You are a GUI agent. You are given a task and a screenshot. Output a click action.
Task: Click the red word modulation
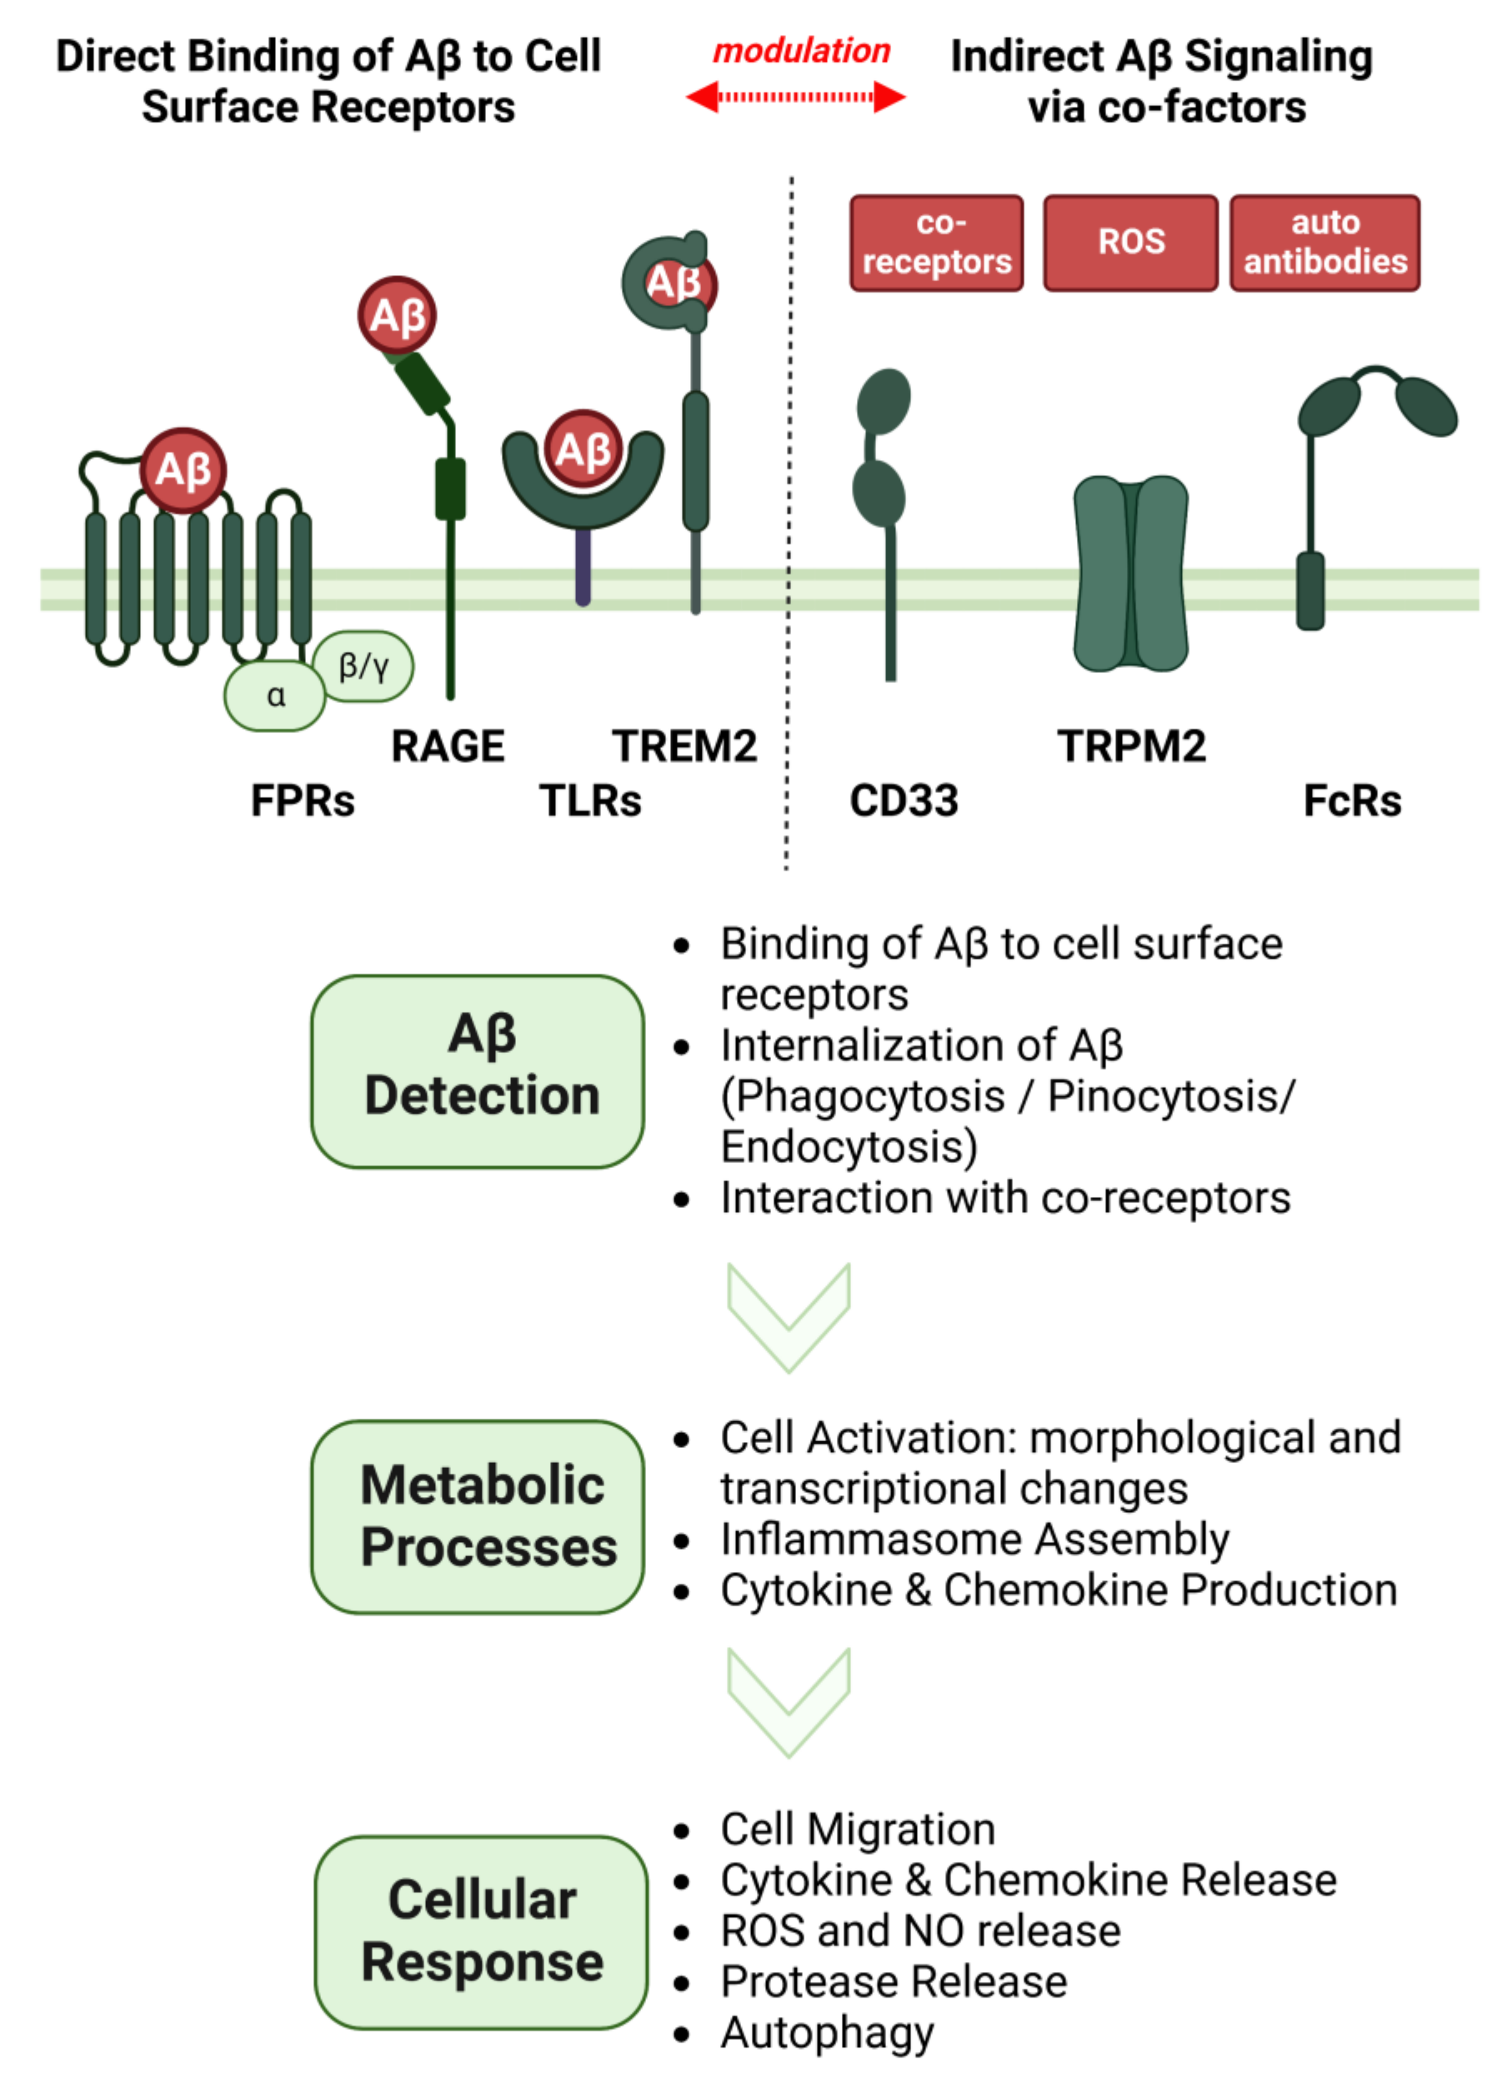pyautogui.click(x=801, y=51)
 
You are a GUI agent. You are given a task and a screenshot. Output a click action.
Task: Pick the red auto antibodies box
pyautogui.click(x=1325, y=243)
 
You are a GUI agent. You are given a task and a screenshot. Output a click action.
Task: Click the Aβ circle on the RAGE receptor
pyautogui.click(x=397, y=315)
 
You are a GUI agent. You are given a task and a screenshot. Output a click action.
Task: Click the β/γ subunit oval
pyautogui.click(x=363, y=665)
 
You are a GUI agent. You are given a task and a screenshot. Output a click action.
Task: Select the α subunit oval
pyautogui.click(x=275, y=695)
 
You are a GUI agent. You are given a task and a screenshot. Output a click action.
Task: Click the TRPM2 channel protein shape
pyautogui.click(x=1131, y=573)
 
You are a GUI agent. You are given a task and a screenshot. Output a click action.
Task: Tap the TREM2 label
pyautogui.click(x=684, y=745)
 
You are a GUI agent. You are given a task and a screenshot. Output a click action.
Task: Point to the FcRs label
pyautogui.click(x=1352, y=800)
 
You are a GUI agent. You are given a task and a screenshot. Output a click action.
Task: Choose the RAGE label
pyautogui.click(x=448, y=745)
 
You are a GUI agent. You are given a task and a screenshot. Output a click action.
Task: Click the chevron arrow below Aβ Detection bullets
pyautogui.click(x=788, y=1316)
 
